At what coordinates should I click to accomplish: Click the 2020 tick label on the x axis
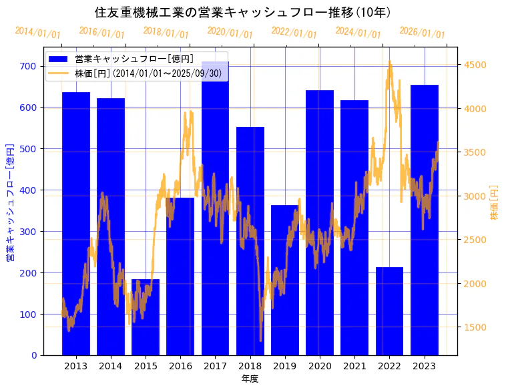point(320,366)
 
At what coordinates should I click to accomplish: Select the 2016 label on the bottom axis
point(180,366)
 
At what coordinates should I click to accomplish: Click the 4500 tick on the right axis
point(475,65)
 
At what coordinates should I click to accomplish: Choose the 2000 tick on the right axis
point(475,284)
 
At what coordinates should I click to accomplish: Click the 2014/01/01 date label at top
point(37,33)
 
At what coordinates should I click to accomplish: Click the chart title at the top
point(243,13)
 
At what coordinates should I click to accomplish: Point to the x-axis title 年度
point(250,379)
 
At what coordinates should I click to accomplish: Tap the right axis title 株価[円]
point(495,202)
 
